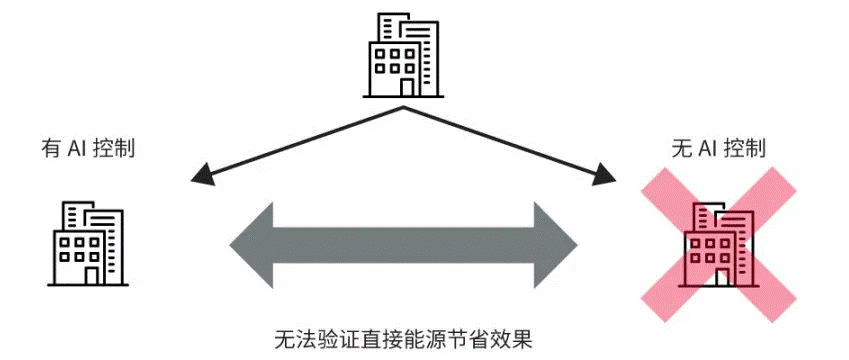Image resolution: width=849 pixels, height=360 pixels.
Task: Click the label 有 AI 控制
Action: (88, 150)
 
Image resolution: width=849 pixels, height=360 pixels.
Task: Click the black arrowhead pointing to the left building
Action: (201, 176)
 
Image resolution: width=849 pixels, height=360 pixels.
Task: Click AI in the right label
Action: (709, 150)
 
